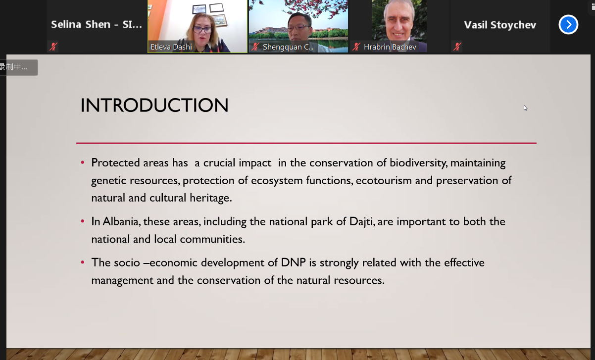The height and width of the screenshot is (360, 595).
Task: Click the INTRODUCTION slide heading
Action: click(x=154, y=105)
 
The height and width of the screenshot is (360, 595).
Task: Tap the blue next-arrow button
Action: click(x=568, y=25)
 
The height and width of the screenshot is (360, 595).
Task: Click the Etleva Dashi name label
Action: click(x=171, y=47)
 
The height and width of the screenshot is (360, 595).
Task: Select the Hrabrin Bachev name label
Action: click(x=390, y=47)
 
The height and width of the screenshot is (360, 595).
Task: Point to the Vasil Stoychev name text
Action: click(x=500, y=25)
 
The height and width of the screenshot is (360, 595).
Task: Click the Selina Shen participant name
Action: click(x=97, y=24)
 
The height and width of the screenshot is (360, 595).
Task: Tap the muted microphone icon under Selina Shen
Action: click(x=53, y=47)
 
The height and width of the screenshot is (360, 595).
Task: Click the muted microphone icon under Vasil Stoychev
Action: click(x=457, y=47)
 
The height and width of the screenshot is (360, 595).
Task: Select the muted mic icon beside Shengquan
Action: click(x=255, y=47)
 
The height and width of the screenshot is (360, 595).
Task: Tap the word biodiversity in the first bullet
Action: click(x=418, y=163)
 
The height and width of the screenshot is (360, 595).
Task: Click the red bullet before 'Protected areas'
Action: click(x=83, y=162)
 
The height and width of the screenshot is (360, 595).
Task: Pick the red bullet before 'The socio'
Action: click(x=83, y=262)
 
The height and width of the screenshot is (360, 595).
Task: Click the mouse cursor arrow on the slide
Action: click(x=525, y=108)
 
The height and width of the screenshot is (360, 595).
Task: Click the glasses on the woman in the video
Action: click(x=202, y=29)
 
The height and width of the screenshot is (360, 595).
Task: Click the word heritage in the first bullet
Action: click(x=211, y=198)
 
